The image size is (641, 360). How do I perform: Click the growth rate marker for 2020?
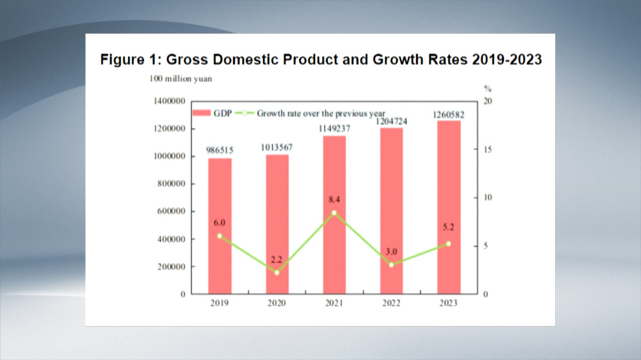tap(277, 272)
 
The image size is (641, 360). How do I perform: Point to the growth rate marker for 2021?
tap(334, 213)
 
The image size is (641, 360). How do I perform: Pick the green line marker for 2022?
tap(391, 265)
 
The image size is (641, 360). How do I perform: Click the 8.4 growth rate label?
tap(334, 200)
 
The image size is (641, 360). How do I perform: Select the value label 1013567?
tap(277, 147)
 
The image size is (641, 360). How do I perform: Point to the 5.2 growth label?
tap(449, 227)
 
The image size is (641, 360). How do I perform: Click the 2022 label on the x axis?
tap(391, 303)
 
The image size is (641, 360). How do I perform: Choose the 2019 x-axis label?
tap(220, 303)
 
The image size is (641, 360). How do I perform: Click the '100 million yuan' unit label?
tap(181, 79)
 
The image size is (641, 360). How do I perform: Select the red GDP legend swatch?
tap(202, 113)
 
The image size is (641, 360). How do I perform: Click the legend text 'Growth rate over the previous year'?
tap(321, 113)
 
